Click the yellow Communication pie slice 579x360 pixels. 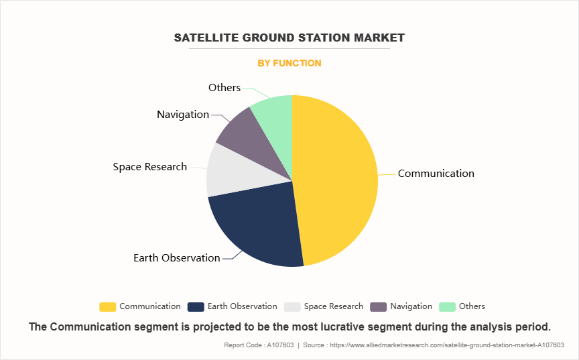pyautogui.click(x=335, y=181)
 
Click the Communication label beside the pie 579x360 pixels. pyautogui.click(x=436, y=174)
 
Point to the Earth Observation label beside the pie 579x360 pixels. pyautogui.click(x=176, y=258)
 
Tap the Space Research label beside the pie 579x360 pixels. pyautogui.click(x=149, y=167)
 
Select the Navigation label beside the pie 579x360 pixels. pyautogui.click(x=183, y=115)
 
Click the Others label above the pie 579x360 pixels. pyautogui.click(x=224, y=88)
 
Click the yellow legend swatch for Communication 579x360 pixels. pyautogui.click(x=107, y=306)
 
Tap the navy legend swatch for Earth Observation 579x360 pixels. pyautogui.click(x=196, y=306)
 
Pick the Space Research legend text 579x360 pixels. pyautogui.click(x=333, y=306)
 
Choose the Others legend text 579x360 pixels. pyautogui.click(x=472, y=306)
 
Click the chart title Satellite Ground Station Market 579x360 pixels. pyautogui.click(x=289, y=38)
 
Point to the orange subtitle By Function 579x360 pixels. pyautogui.click(x=289, y=63)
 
